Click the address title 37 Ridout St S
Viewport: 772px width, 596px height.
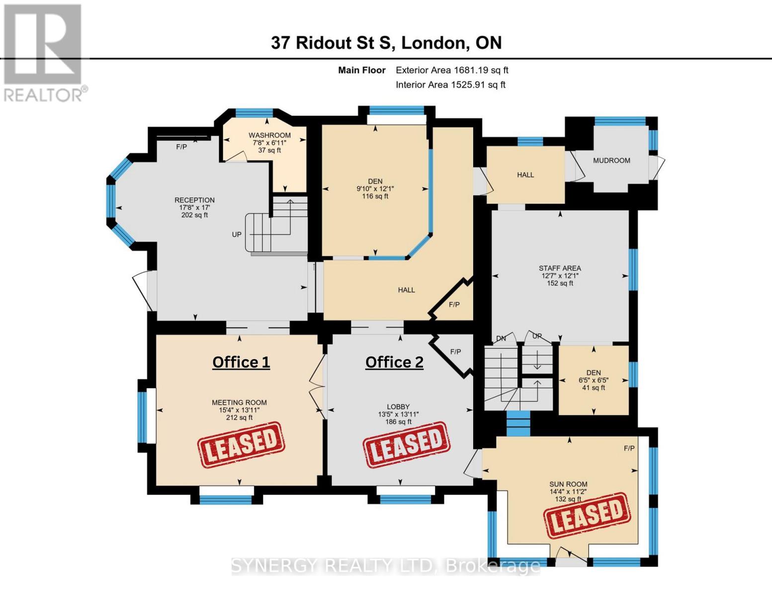[x=386, y=43]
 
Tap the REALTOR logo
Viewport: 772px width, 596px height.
[x=44, y=53]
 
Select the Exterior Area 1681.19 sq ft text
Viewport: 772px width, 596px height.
[x=452, y=71]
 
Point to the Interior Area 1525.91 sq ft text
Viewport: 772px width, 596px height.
[x=450, y=85]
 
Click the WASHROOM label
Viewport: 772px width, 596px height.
[x=269, y=135]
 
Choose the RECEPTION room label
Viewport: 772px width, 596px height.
[x=194, y=200]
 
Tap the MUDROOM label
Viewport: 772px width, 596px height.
[x=611, y=160]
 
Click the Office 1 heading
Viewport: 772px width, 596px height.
[x=241, y=362]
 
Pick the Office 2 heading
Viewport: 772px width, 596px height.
[x=394, y=362]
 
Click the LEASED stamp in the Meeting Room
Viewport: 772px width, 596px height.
[x=241, y=445]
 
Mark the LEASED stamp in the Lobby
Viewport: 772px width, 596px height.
[x=407, y=445]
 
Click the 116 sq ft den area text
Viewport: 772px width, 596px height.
[x=375, y=196]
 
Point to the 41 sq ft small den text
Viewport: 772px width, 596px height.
[x=593, y=388]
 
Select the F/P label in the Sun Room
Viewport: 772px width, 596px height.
[x=629, y=448]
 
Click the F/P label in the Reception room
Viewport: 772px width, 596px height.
[x=181, y=147]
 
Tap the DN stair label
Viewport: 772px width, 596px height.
[x=501, y=339]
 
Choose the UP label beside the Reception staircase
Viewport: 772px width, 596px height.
[x=237, y=234]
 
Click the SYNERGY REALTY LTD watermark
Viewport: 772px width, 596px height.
[x=386, y=566]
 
